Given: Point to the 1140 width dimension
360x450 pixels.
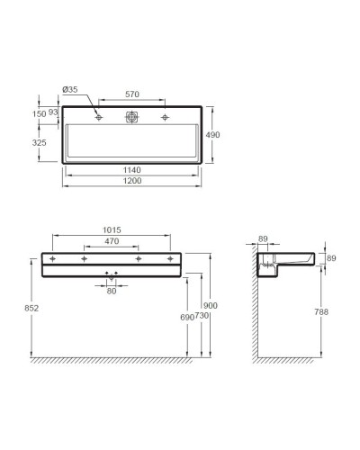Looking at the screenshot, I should click(132, 172).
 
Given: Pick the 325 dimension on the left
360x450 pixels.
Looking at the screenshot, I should click(39, 143).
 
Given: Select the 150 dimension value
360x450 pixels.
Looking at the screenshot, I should click(39, 114).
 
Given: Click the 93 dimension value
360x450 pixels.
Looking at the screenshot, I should click(54, 112).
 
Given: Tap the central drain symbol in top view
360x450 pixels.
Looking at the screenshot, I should click(132, 117).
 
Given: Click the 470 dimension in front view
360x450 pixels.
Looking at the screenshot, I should click(112, 243).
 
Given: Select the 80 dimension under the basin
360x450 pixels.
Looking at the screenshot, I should click(112, 290).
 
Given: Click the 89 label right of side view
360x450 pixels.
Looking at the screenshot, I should click(331, 258).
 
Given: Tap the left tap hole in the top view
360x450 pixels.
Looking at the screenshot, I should click(98, 117).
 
